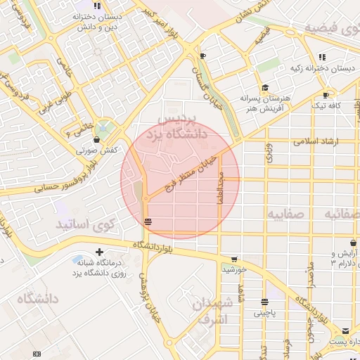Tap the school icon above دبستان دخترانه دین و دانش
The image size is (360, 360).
98,6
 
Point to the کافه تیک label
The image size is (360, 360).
326,105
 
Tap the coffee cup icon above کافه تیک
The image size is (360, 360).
326,95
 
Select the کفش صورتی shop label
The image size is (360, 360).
96,150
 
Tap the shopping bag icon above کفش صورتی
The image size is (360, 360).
96,140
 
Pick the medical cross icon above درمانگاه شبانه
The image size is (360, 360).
99,251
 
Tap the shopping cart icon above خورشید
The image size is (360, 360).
234,259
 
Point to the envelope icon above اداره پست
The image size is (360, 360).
345,331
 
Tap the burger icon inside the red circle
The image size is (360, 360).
147,222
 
